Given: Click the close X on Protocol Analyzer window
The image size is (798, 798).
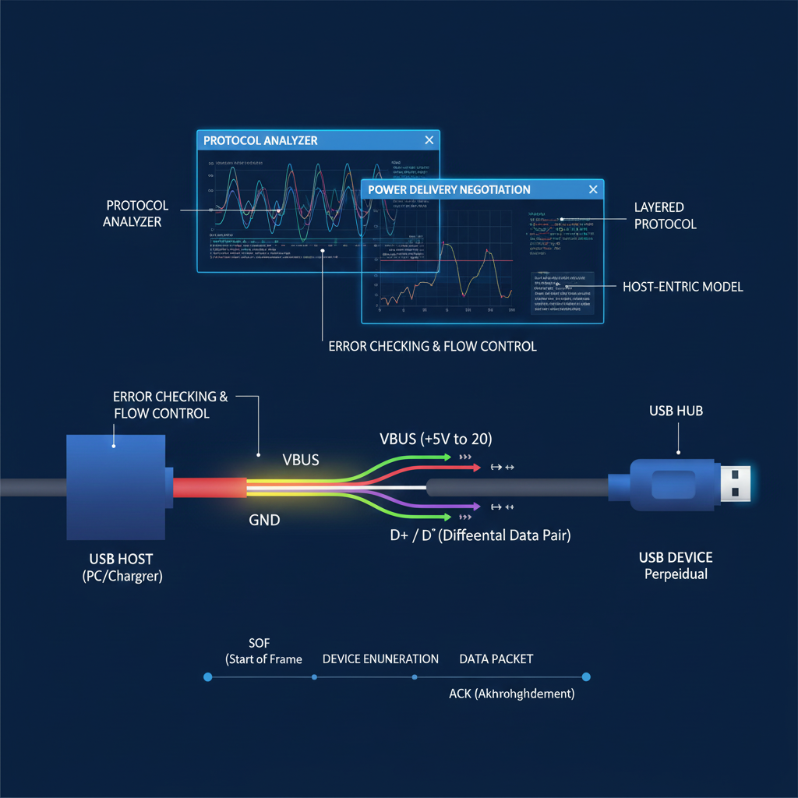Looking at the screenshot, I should pos(429,140).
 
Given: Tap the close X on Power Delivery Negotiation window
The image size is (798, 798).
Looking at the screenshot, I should pos(593,189).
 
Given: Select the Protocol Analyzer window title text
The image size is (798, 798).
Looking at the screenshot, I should pos(260,141).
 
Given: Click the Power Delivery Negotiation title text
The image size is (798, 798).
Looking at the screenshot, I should pos(449,190).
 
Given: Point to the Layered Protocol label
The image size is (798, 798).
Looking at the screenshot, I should pos(665,216).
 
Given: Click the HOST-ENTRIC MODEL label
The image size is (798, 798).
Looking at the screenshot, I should pos(683,287).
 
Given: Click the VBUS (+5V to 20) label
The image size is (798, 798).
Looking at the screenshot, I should pos(436,439).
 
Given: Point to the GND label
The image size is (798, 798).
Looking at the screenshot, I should pos(265,520).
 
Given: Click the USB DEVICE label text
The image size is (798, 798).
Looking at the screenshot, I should pos(676,558).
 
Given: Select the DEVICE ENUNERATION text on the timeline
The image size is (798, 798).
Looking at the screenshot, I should pos(380,659).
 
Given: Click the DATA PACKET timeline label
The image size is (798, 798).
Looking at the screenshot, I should pos(496,659).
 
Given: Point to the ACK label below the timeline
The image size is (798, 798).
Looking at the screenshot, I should pos(511,694).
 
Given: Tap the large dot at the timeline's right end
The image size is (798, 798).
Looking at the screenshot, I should pos(586,677).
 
